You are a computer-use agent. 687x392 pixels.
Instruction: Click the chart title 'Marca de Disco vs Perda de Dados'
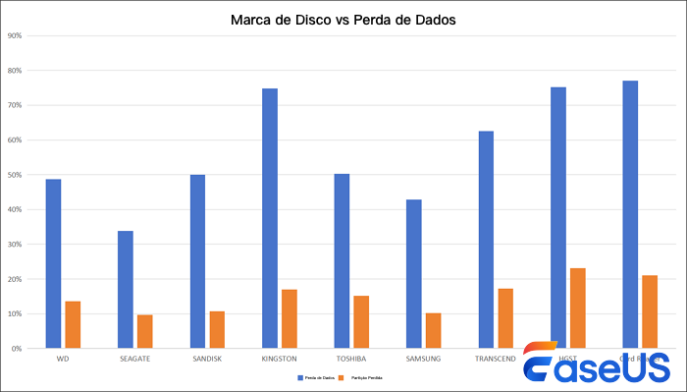343,19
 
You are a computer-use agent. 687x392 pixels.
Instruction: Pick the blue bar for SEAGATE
126,289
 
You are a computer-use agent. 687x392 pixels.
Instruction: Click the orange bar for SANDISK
217,329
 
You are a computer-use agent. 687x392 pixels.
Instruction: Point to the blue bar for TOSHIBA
342,260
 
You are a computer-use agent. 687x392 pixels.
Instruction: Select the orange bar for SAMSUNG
433,330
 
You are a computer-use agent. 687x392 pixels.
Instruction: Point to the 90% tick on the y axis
16,36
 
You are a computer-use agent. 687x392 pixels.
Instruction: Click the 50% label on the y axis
16,175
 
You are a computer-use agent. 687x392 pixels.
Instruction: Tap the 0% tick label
18,348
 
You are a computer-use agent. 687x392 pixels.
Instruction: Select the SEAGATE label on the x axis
135,359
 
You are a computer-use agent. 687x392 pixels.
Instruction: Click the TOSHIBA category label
351,359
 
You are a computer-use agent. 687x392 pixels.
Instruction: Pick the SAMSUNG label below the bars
423,359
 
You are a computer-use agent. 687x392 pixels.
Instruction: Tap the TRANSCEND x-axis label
496,359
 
